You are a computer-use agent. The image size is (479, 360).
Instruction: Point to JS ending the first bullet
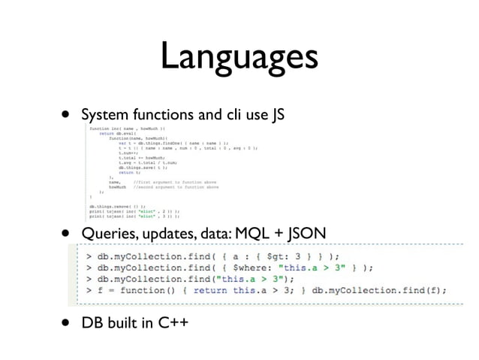[x=276, y=116]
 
